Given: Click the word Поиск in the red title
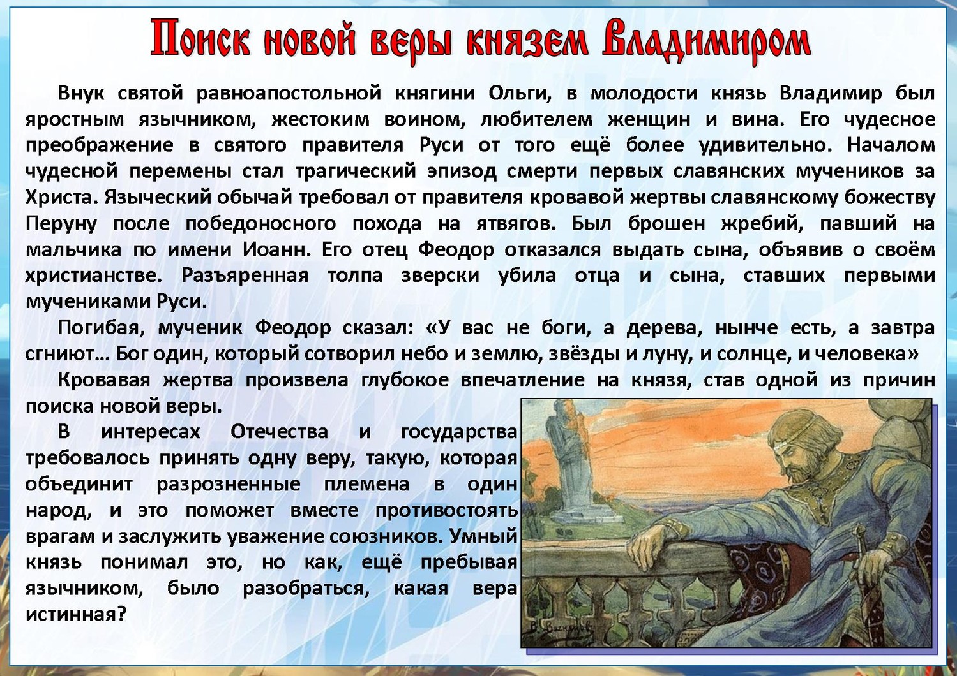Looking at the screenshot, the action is pos(204,41).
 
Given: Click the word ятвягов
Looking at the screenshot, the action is pos(513,224).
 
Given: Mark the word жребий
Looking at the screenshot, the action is pos(763,224).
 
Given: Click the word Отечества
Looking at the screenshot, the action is pos(280,432).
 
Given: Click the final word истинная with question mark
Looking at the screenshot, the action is pos(77,615).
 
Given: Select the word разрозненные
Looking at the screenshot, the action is pos(229,485).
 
